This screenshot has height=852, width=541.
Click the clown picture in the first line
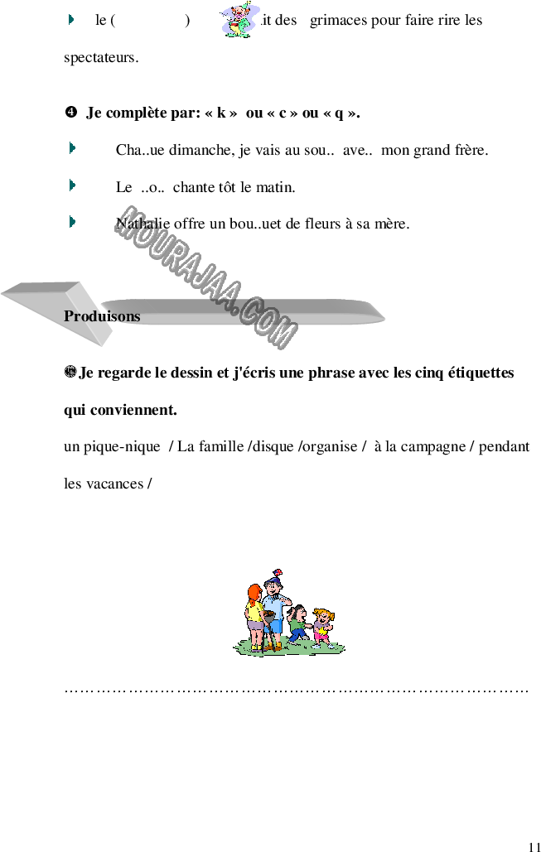coord(239,20)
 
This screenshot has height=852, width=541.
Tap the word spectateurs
coord(101,58)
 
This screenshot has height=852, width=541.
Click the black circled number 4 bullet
coord(70,113)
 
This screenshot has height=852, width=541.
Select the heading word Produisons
coord(102,316)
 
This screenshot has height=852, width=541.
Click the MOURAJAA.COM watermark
coord(206,277)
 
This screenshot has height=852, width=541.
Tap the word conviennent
coord(133,410)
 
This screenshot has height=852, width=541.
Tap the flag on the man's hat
coord(278,573)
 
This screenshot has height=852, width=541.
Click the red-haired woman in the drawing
coord(254,618)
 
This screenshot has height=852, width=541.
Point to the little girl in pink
coord(323,628)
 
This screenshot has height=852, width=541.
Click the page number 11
coord(534,846)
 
